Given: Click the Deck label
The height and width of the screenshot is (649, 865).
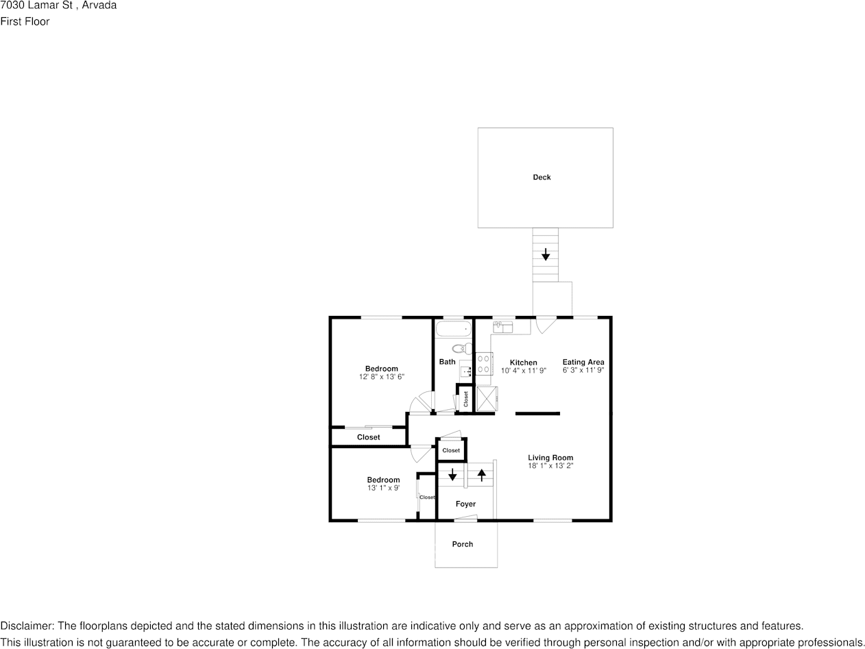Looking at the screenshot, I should (541, 177).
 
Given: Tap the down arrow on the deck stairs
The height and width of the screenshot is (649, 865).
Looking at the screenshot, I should (546, 255).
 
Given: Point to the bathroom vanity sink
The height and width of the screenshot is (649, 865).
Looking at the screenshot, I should (466, 371).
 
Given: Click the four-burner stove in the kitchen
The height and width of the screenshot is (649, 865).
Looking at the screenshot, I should (485, 363).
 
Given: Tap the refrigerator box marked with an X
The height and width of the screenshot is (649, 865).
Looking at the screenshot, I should (487, 398).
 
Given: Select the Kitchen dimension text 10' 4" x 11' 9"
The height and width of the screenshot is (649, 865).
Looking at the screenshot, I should (523, 371).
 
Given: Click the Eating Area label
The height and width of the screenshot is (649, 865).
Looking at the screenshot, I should (583, 362).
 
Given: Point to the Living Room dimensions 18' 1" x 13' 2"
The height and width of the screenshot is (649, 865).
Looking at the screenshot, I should (550, 466).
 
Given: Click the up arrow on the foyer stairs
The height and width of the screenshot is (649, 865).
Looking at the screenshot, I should (482, 474).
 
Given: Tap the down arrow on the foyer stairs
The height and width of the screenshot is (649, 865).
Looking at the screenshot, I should (452, 474).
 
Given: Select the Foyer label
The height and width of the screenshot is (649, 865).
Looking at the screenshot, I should (465, 504).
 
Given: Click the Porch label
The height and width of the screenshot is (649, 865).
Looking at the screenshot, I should (463, 544).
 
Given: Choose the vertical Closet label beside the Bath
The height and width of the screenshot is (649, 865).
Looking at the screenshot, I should (466, 398).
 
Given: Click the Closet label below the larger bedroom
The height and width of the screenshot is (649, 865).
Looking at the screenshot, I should (368, 437).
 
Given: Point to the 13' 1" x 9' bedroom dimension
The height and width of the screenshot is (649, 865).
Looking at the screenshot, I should (383, 488).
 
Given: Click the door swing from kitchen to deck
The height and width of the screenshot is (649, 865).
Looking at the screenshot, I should (546, 325).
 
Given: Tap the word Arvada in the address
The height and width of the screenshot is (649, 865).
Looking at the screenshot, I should (99, 5).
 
